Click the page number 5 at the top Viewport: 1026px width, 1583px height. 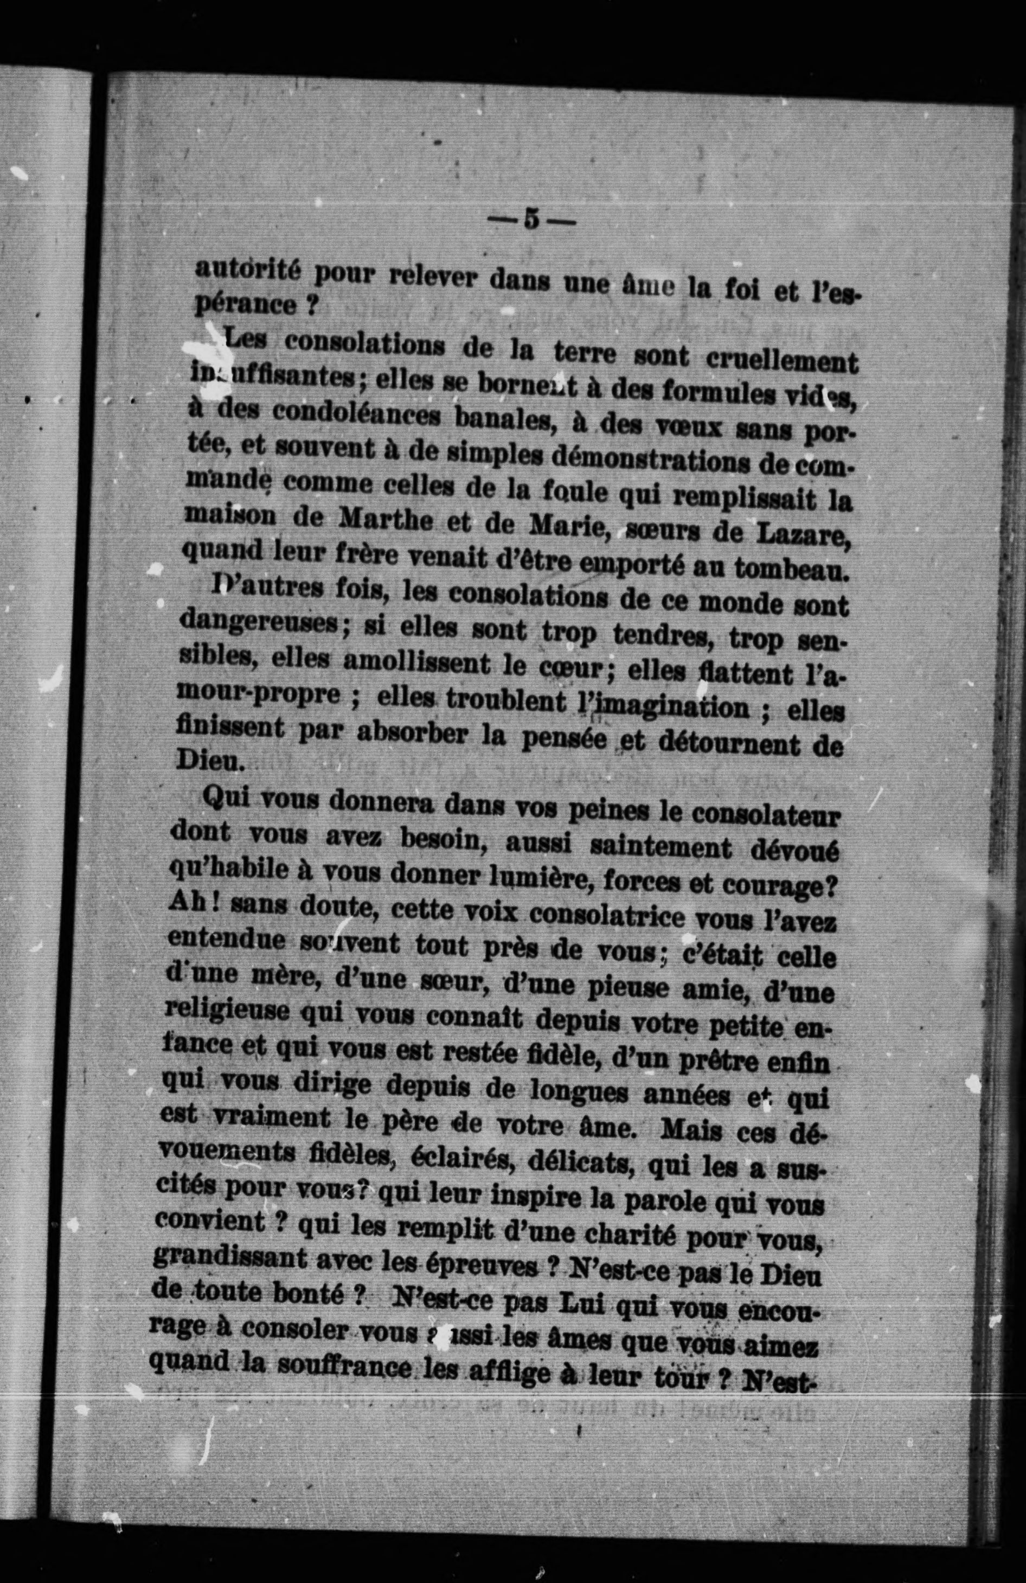[x=530, y=219]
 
